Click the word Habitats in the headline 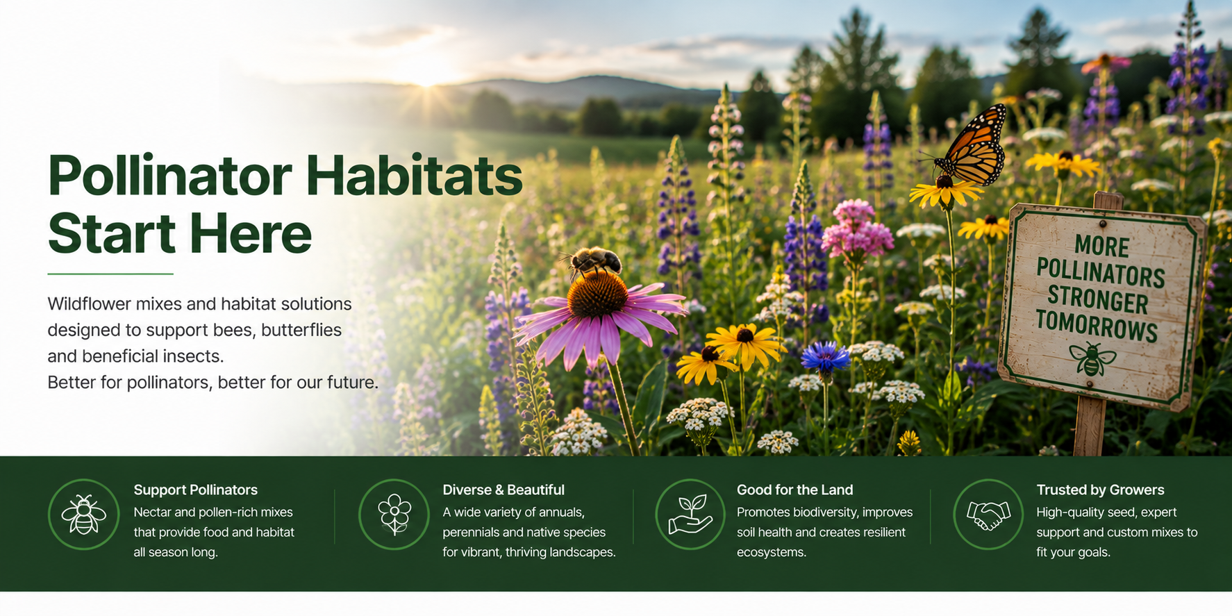click(414, 176)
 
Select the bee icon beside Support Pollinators click(83, 515)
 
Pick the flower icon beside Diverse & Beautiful click(394, 515)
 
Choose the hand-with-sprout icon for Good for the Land click(690, 515)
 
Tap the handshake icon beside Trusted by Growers click(988, 515)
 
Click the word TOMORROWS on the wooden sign click(1097, 326)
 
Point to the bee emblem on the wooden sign click(1092, 358)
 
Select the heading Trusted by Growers click(1100, 490)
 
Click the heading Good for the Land click(794, 490)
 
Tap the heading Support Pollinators click(195, 490)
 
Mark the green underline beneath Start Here click(110, 274)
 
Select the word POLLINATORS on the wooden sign click(1101, 273)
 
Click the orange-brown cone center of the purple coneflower click(597, 294)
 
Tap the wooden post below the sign click(1090, 426)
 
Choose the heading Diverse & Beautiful click(503, 490)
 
